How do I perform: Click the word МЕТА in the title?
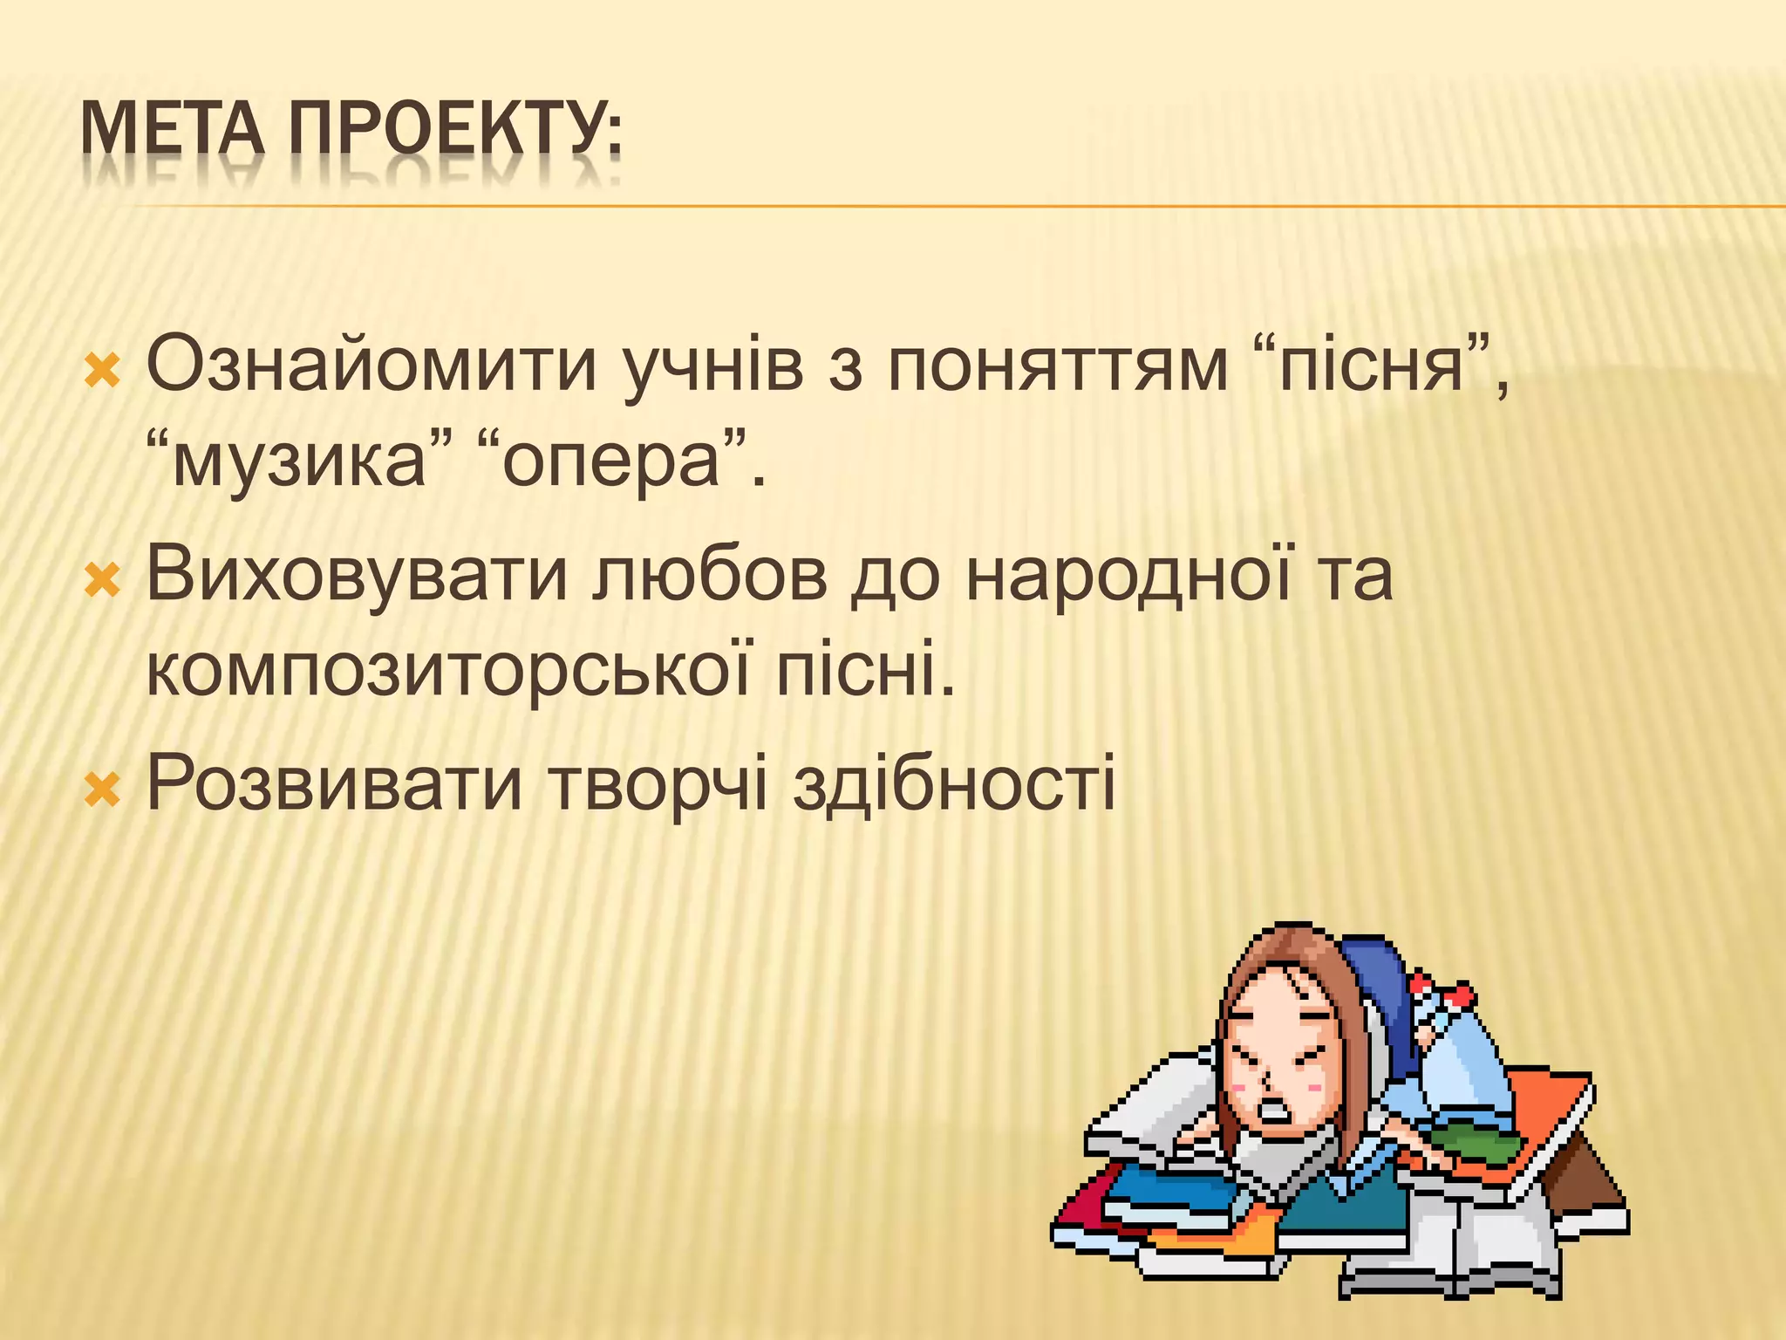pyautogui.click(x=172, y=129)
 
